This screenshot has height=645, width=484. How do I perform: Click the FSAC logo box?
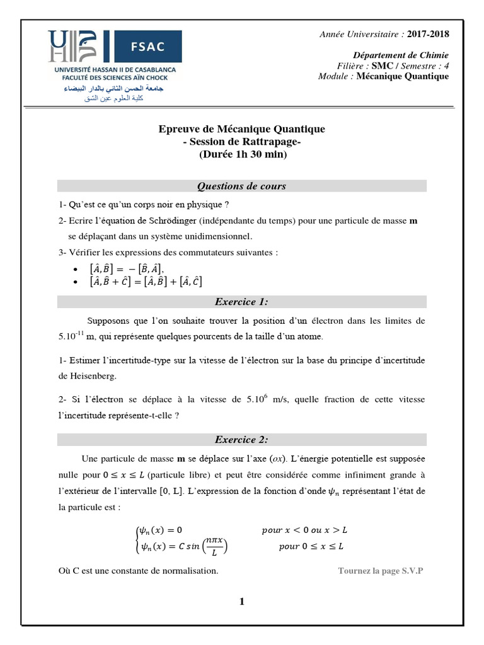pos(146,47)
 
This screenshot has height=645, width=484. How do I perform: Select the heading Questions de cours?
pos(241,186)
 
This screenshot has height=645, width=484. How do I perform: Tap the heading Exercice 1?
pos(241,302)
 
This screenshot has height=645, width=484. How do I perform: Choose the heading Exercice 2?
pos(241,440)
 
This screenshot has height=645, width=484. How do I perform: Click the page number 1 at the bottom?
pos(241,602)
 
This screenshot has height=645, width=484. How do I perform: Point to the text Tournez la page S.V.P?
pos(381,571)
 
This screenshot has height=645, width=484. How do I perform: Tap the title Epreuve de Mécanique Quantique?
pos(241,129)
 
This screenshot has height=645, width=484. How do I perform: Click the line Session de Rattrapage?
pos(241,142)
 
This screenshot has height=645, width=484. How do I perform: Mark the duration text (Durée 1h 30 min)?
pos(241,154)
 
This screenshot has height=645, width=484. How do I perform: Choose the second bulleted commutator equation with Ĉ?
pos(146,282)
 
